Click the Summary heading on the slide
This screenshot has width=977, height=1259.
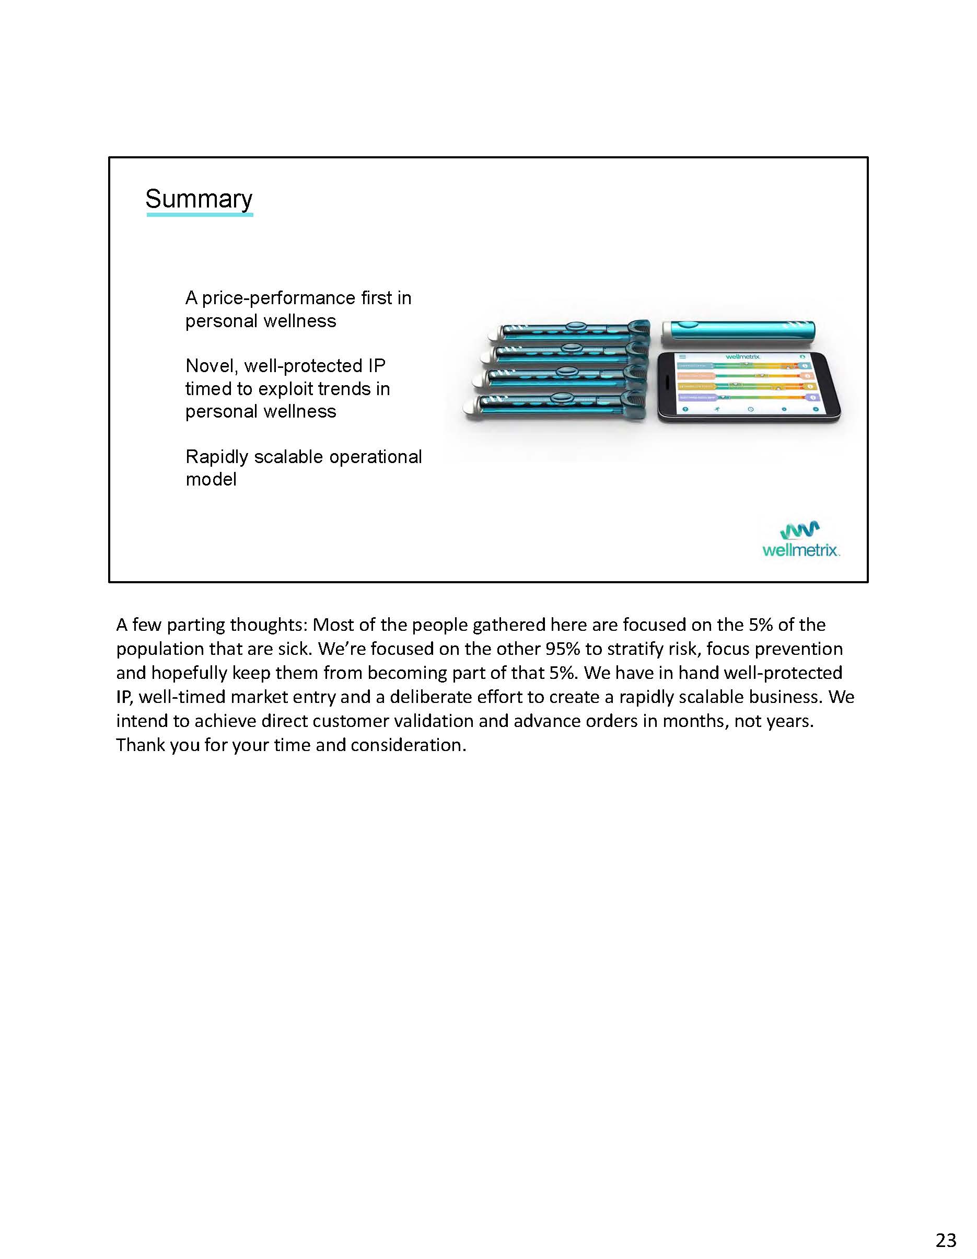click(x=199, y=199)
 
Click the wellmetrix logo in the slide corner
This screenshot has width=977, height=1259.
click(x=800, y=540)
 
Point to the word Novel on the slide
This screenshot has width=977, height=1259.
click(x=211, y=365)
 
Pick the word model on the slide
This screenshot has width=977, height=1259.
click(x=211, y=479)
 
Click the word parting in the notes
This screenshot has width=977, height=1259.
click(x=195, y=625)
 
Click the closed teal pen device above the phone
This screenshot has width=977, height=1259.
click(x=739, y=331)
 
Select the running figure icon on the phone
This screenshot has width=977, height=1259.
click(x=717, y=409)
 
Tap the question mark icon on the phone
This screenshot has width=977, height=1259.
click(x=685, y=409)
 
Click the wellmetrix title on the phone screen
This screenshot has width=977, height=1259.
click(x=743, y=357)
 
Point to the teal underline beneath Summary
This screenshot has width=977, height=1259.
click(x=200, y=214)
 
